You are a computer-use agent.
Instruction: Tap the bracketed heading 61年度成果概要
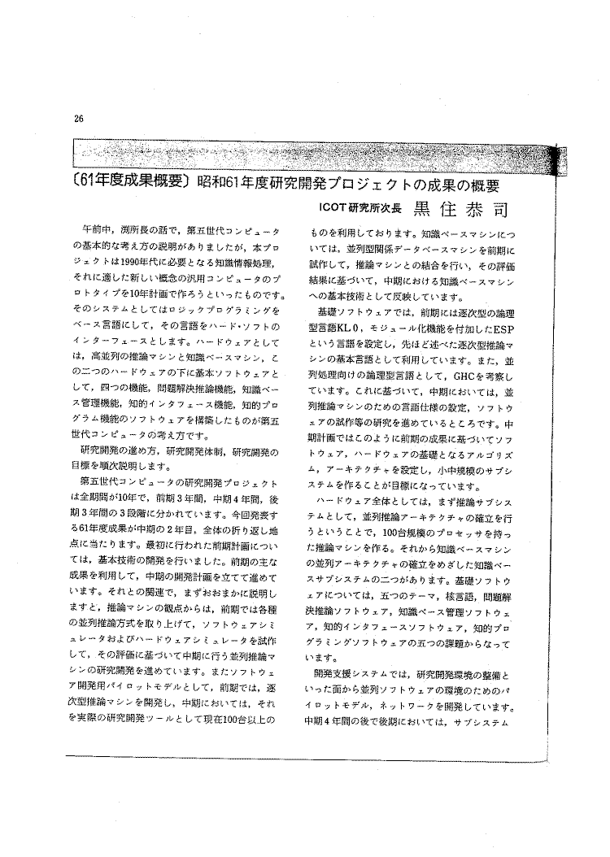tap(125, 182)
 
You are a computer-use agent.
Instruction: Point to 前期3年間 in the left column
tap(172, 498)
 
